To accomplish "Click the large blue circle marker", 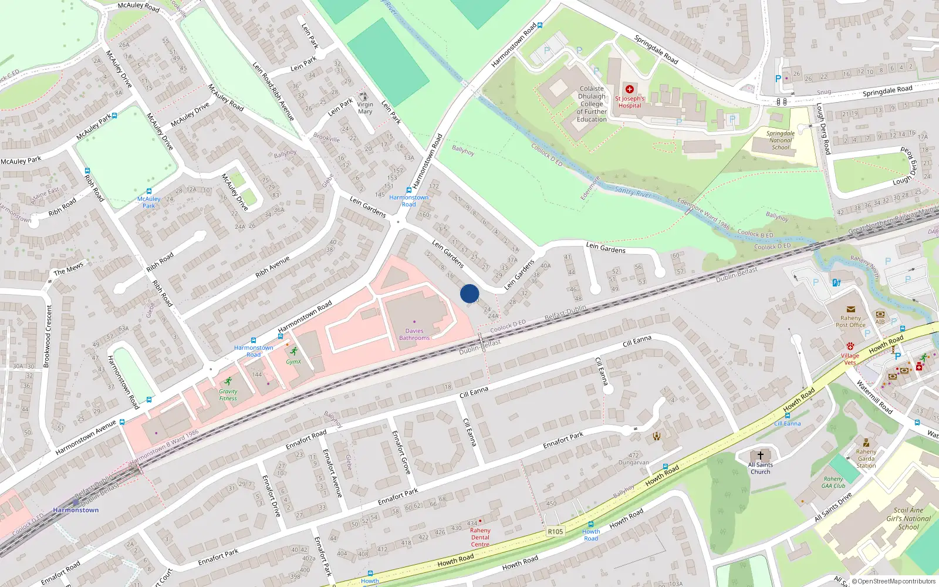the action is click(469, 293).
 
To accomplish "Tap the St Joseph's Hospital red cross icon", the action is click(630, 89).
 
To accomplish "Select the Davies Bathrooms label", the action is click(414, 334).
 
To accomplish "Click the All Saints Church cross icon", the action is click(761, 455).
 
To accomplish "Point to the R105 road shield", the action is click(555, 531).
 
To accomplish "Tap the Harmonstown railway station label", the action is click(76, 510).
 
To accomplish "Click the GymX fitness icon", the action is click(293, 352).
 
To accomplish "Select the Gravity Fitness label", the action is click(228, 394).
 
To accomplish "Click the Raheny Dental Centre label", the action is click(480, 537).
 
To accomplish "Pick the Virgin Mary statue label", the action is click(365, 108).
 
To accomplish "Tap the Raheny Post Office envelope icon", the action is click(850, 309).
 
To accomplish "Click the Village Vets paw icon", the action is click(850, 346).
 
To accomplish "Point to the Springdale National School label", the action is click(781, 140).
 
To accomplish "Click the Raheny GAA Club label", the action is click(833, 482).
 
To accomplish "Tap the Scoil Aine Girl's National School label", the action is click(908, 518).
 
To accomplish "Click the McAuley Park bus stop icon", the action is click(148, 191).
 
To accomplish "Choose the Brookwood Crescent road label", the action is click(48, 336).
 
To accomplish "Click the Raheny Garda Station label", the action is click(866, 458).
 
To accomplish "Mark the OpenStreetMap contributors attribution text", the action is click(894, 581).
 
